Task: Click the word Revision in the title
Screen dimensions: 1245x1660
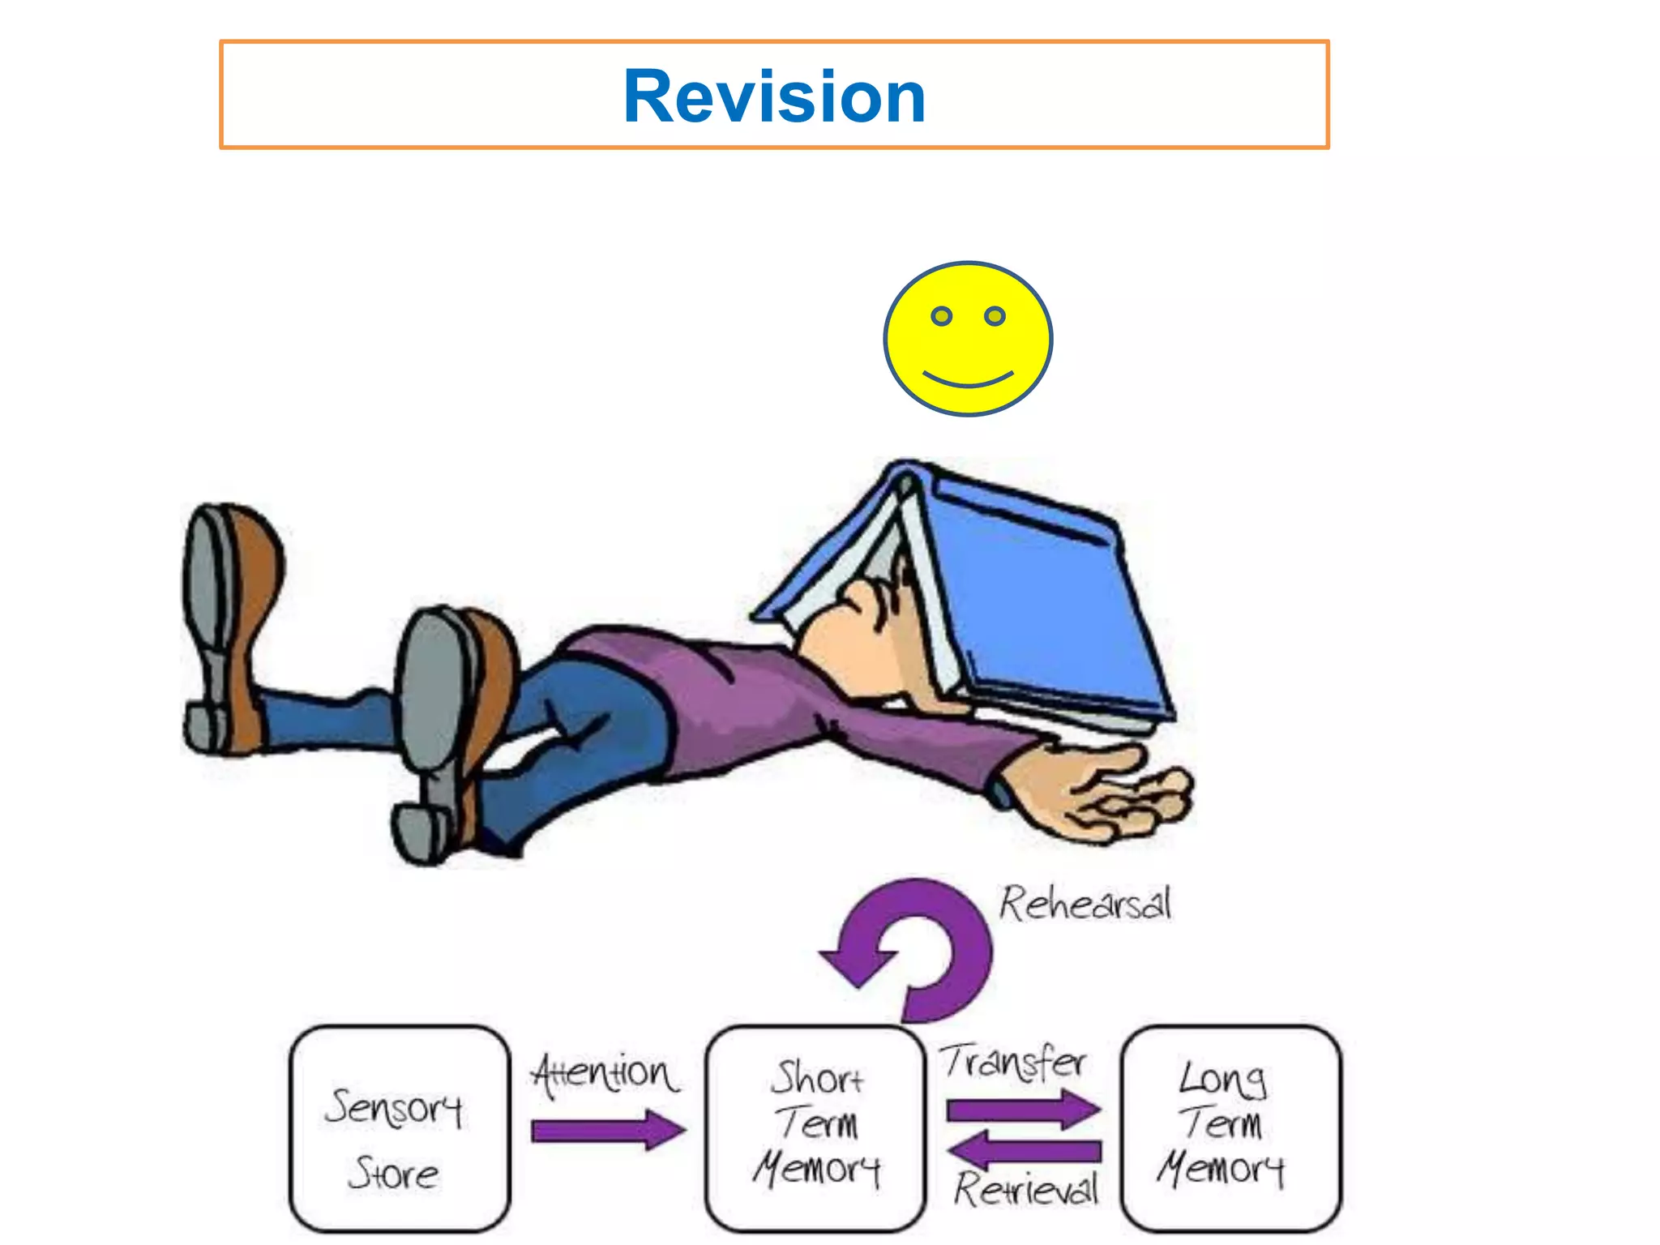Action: point(774,96)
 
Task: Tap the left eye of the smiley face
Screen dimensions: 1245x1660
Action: point(941,316)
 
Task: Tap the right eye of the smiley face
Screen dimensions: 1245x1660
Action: point(995,316)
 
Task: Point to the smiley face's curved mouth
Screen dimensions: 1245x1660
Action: point(968,380)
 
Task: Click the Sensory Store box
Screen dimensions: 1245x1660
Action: point(400,1128)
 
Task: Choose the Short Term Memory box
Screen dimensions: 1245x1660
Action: point(815,1128)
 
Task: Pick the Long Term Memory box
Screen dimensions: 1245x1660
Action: point(1231,1128)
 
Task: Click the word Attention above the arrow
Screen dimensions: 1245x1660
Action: point(605,1074)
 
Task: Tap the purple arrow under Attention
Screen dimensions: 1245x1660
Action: point(608,1130)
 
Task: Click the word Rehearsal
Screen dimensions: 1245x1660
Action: point(1085,903)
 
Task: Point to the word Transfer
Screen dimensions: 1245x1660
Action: point(1013,1062)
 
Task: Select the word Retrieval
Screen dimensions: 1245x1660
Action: point(1025,1189)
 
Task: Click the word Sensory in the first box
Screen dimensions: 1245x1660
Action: point(394,1107)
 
